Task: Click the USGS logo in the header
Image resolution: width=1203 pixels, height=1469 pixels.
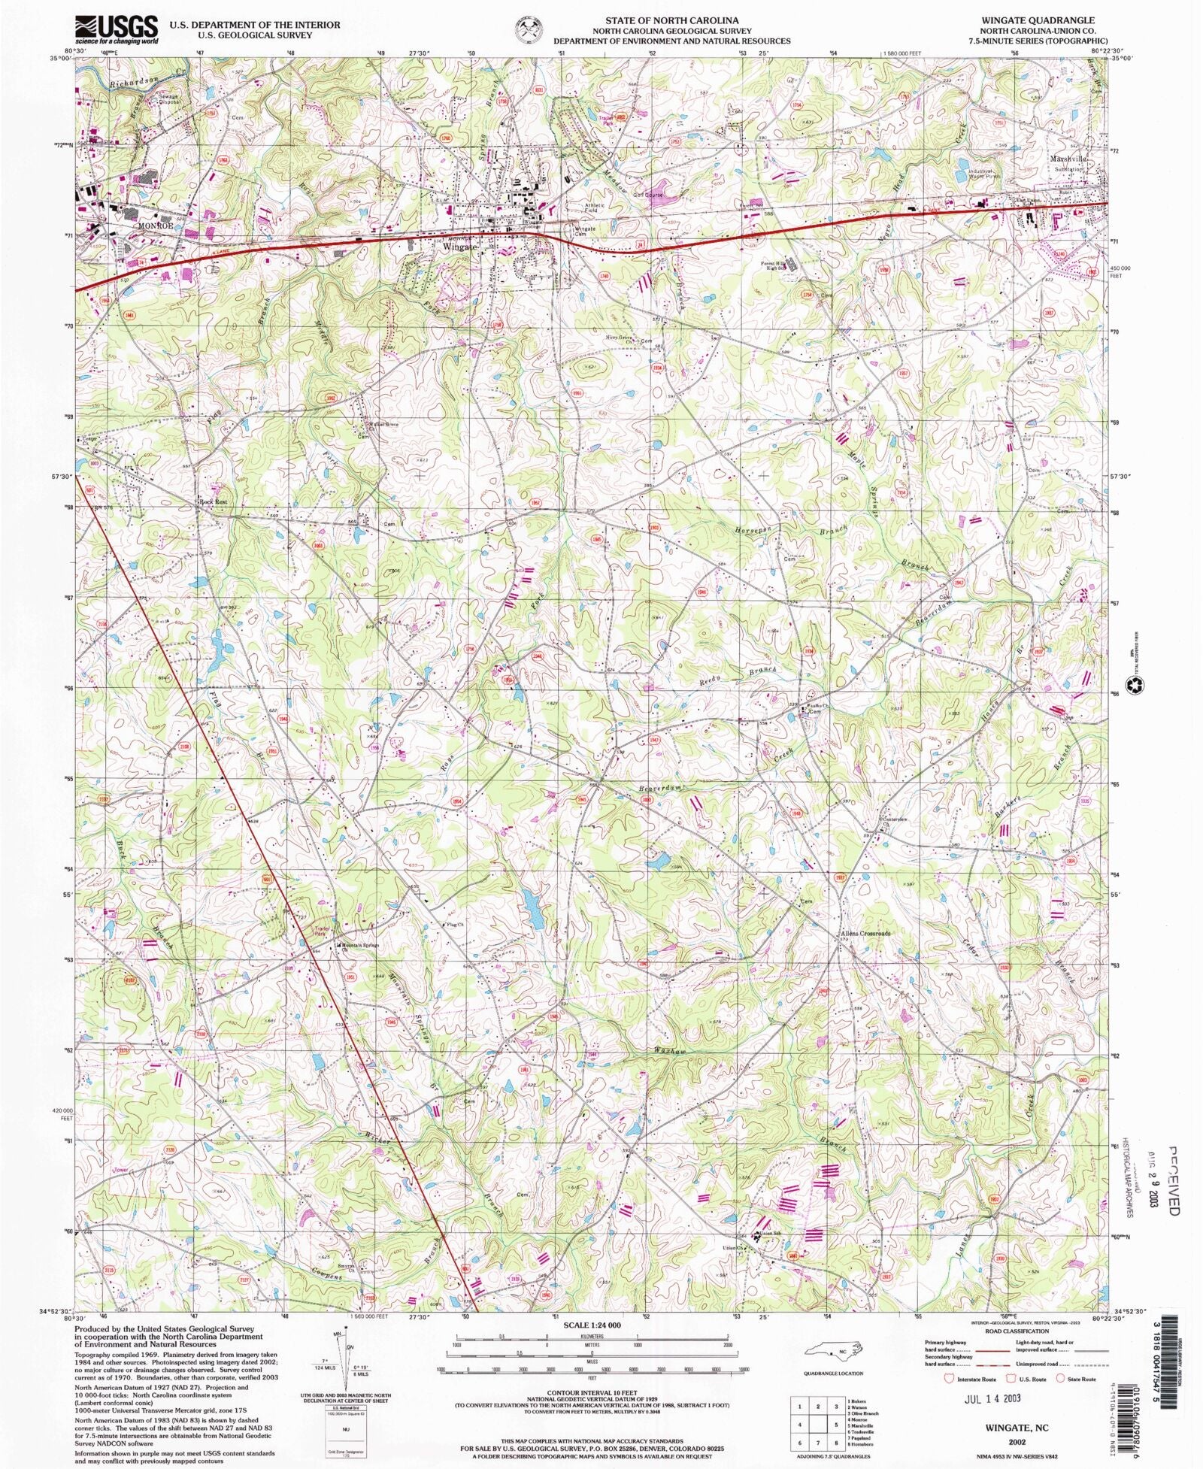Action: point(117,29)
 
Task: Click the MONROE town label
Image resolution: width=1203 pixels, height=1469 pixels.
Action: point(155,226)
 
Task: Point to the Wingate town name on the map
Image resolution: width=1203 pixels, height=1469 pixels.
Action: point(459,247)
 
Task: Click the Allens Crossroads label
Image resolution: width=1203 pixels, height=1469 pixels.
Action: point(865,934)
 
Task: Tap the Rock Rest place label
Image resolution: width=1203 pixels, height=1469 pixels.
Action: point(213,501)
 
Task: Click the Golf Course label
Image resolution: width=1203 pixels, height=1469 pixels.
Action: point(649,195)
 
